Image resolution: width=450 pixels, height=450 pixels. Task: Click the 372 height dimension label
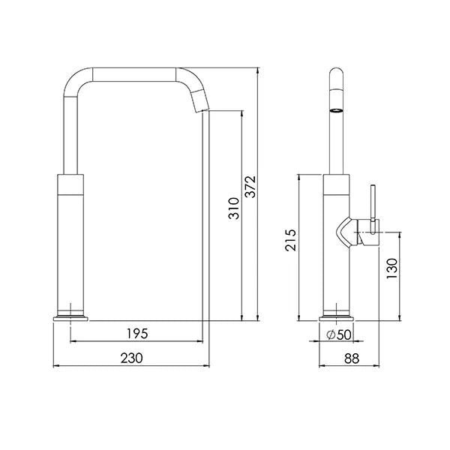coord(250,187)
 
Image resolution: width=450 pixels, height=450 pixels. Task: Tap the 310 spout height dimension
coord(234,208)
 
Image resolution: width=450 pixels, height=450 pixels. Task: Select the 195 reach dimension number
coord(137,334)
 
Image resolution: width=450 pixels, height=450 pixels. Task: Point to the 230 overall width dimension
coord(131,358)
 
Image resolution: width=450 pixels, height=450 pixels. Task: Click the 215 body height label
coord(290,240)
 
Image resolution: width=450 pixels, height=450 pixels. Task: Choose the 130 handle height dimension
coord(392,268)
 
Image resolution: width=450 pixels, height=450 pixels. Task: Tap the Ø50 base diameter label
coord(339,334)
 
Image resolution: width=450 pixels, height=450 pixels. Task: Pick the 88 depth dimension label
coord(352,358)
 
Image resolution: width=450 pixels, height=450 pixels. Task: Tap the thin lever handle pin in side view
coord(373,209)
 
